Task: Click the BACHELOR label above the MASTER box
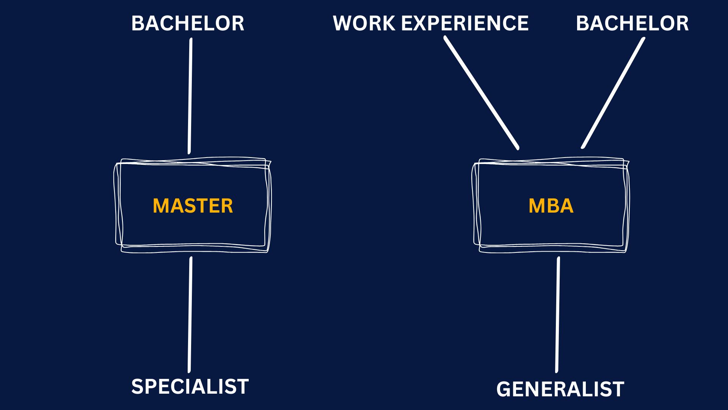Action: tap(188, 24)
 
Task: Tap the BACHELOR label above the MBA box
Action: tap(632, 24)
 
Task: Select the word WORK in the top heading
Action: tap(364, 24)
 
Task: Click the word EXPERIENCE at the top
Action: tap(464, 24)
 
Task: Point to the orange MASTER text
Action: tap(193, 206)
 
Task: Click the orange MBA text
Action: tap(551, 206)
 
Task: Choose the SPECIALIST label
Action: tap(190, 387)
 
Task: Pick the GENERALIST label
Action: tap(560, 389)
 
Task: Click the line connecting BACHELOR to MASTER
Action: tap(190, 95)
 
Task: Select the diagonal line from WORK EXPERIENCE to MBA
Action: tap(481, 92)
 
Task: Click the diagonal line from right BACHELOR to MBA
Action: tap(613, 92)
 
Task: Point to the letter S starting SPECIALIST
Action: tap(138, 387)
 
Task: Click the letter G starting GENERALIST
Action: tap(504, 389)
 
